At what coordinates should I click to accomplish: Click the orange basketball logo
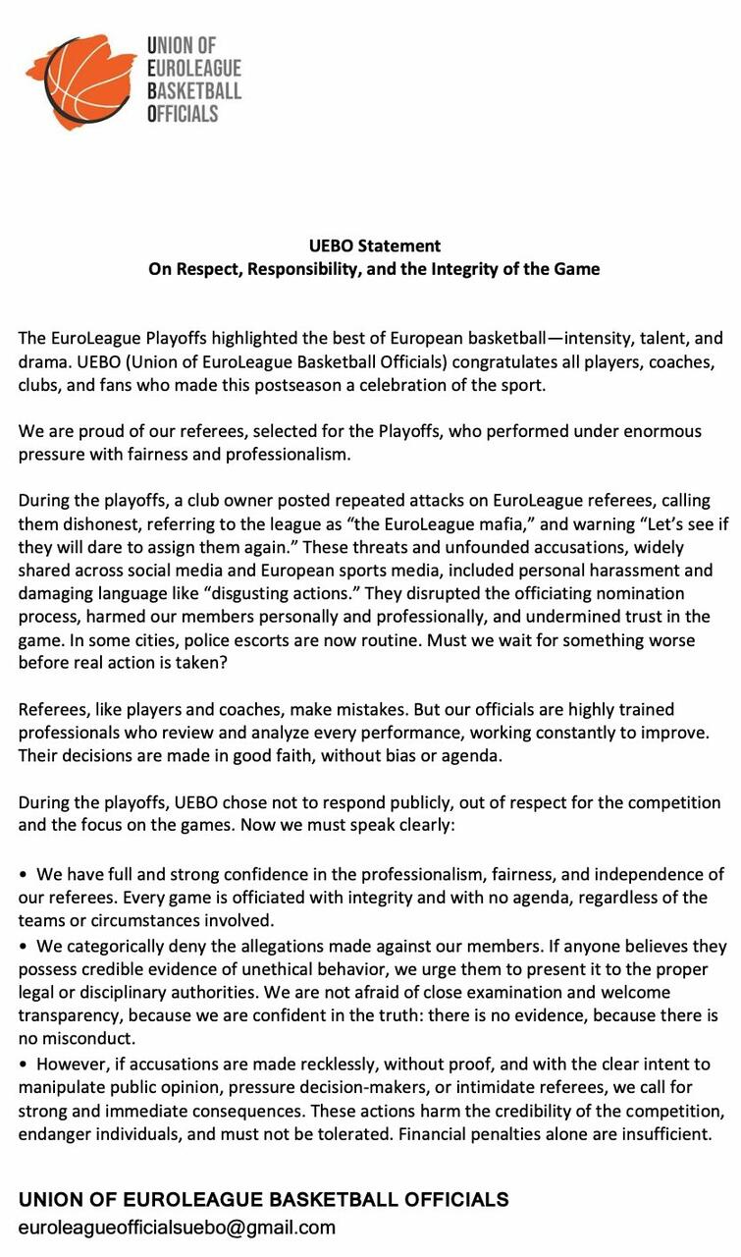click(80, 81)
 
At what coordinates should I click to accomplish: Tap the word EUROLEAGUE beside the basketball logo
click(193, 68)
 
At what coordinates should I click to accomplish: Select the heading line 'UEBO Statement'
click(374, 246)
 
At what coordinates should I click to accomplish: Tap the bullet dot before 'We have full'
click(24, 874)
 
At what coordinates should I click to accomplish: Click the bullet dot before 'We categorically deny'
click(24, 947)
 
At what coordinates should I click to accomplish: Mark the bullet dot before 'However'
click(24, 1064)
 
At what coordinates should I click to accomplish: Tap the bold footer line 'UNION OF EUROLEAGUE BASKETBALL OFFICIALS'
click(264, 1199)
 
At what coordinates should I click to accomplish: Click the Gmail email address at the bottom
click(177, 1227)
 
